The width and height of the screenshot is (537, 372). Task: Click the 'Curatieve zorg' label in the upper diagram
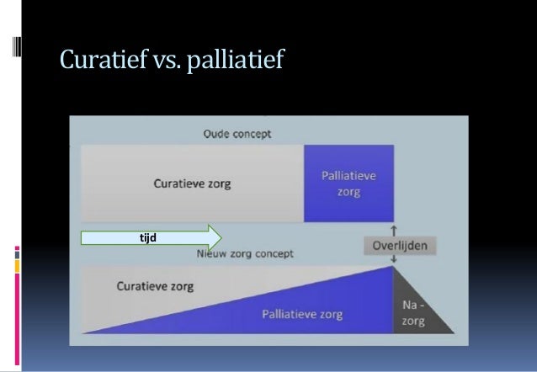192,182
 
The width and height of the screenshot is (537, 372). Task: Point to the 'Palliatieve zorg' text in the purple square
348,183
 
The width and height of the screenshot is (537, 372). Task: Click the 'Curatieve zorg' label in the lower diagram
154,286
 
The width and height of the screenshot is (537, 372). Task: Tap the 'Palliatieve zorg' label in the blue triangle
300,313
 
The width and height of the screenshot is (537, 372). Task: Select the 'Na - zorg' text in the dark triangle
412,315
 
